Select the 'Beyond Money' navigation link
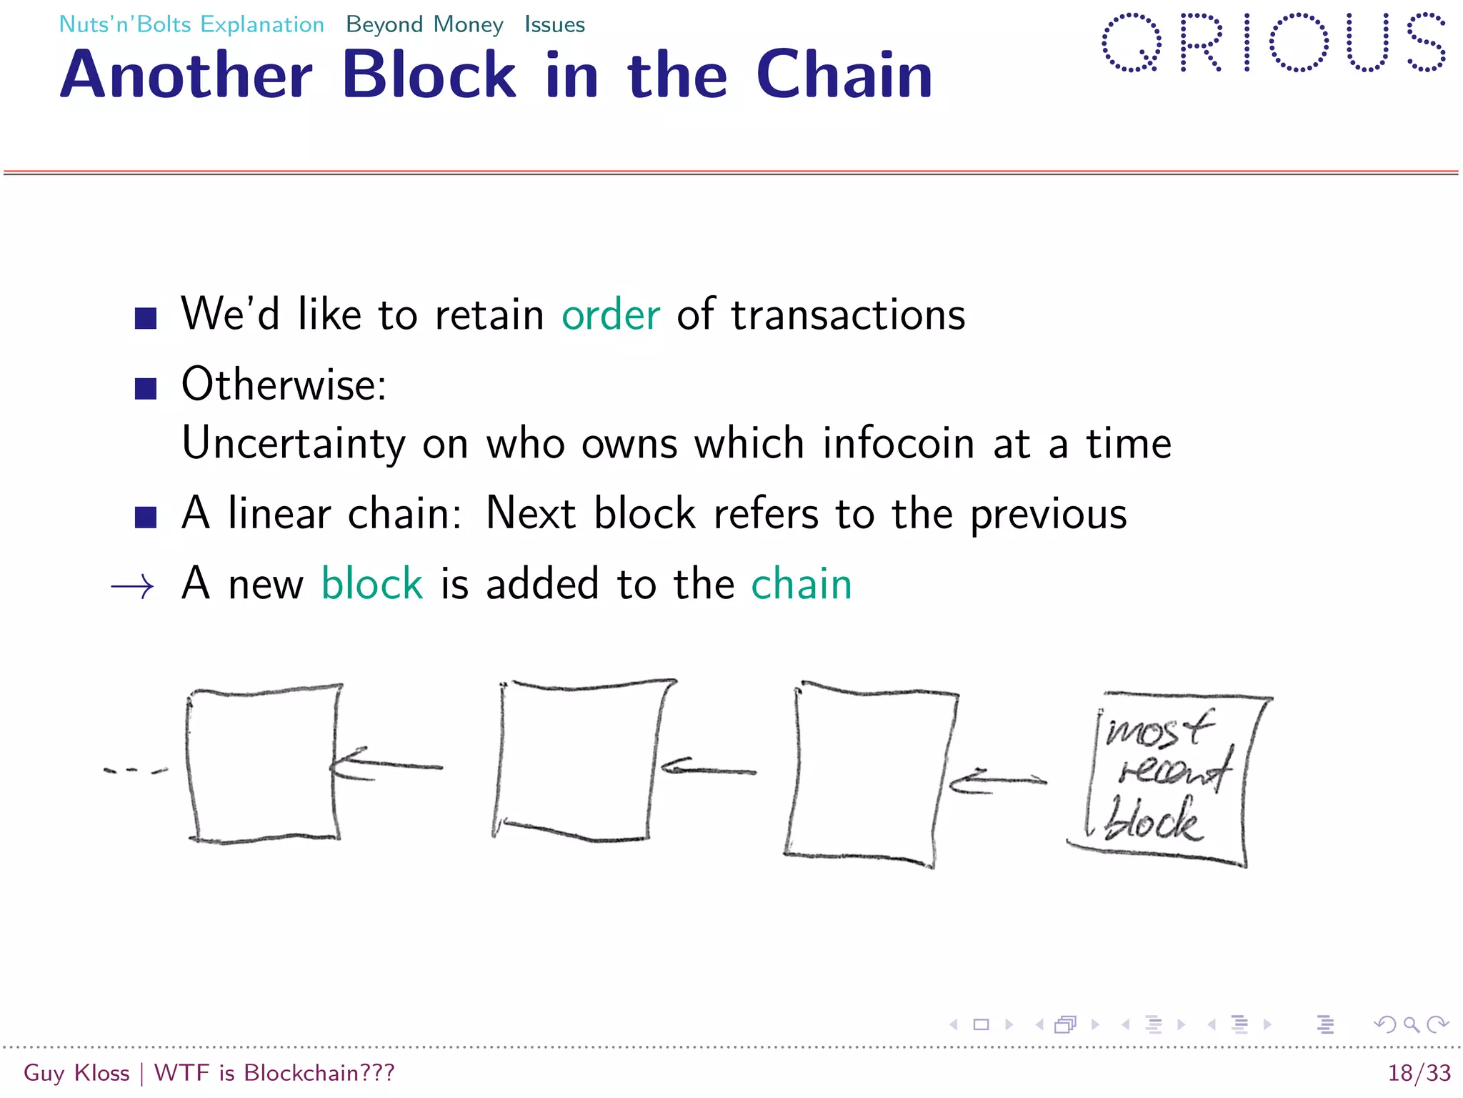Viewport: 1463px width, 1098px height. [x=424, y=24]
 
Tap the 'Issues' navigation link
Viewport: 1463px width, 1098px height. [x=554, y=24]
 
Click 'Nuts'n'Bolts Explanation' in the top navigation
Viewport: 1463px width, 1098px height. [x=191, y=24]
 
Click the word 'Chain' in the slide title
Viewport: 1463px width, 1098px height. [x=844, y=75]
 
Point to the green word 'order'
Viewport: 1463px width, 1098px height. [x=611, y=315]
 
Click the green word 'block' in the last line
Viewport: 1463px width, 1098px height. [x=372, y=584]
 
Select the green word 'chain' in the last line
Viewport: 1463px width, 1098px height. [x=802, y=584]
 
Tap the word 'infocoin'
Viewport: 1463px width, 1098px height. [x=899, y=443]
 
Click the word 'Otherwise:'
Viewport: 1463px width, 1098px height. [x=284, y=385]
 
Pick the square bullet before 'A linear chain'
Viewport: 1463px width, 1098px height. [x=146, y=516]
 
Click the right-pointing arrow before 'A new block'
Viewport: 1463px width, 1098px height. [x=133, y=587]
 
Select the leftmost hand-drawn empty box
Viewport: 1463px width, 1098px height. [x=262, y=763]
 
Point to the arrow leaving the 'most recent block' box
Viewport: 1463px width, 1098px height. [x=998, y=781]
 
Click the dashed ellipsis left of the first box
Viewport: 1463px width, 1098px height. [x=135, y=771]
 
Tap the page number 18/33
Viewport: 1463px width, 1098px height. [x=1419, y=1073]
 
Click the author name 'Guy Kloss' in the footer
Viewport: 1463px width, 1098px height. [x=76, y=1073]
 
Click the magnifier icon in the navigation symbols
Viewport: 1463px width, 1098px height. [x=1411, y=1024]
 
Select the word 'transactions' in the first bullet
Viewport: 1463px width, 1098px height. [x=848, y=315]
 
